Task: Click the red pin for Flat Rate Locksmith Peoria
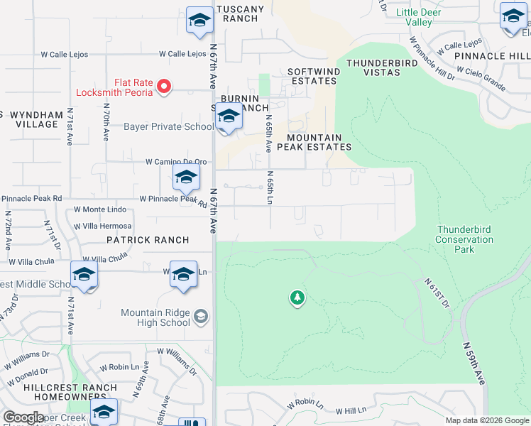point(164,87)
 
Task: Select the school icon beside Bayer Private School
point(228,116)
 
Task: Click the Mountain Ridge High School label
point(155,318)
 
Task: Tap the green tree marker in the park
point(297,298)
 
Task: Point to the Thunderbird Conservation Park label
point(464,239)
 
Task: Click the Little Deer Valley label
point(418,17)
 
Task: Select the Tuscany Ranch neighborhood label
point(240,13)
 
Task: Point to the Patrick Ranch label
point(148,240)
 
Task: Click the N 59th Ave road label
point(473,363)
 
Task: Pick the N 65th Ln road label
point(270,187)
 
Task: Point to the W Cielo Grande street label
point(481,79)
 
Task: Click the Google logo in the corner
point(23,417)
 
